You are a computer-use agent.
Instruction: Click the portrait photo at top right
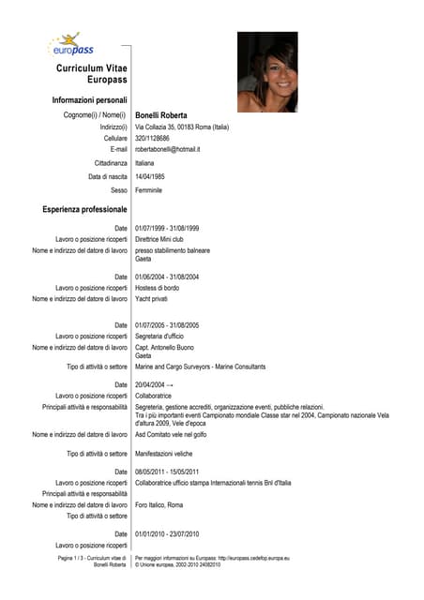pyautogui.click(x=267, y=72)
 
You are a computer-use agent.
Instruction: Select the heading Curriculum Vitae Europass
pyautogui.click(x=91, y=75)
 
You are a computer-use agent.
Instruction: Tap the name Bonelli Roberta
pyautogui.click(x=161, y=115)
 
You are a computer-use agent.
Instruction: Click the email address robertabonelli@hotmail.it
pyautogui.click(x=168, y=149)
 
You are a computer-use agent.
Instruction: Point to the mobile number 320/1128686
pyautogui.click(x=153, y=138)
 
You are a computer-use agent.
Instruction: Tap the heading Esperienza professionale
pyautogui.click(x=84, y=209)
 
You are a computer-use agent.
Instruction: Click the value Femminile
pyautogui.click(x=148, y=190)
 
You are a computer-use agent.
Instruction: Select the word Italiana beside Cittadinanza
pyautogui.click(x=144, y=163)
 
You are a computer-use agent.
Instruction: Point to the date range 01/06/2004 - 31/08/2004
pyautogui.click(x=167, y=277)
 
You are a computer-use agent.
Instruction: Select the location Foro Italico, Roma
pyautogui.click(x=159, y=504)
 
